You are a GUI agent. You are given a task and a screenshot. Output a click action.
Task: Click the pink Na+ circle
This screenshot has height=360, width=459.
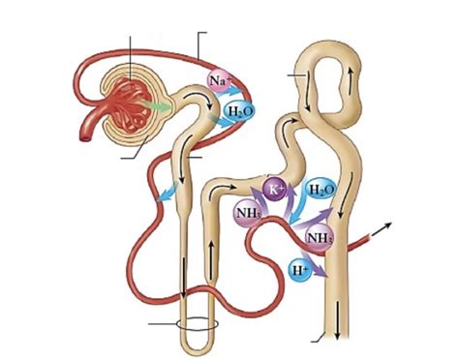point(219,78)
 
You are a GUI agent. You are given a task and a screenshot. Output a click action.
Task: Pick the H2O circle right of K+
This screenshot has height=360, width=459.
point(320,192)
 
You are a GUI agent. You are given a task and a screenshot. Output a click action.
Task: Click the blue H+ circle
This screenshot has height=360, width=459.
point(301,271)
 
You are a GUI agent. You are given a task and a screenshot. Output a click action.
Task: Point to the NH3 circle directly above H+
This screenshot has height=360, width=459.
point(319,237)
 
